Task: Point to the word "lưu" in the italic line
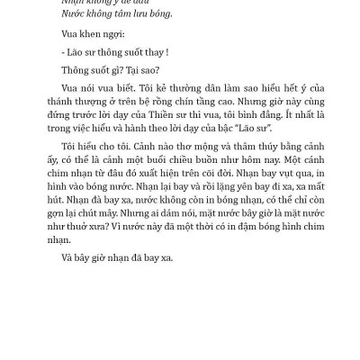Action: tap(131, 14)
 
